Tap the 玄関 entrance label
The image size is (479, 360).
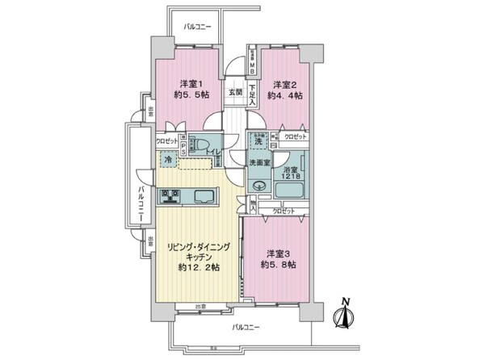pyautogui.click(x=234, y=91)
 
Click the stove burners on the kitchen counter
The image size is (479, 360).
pyautogui.click(x=170, y=195)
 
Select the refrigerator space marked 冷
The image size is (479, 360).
pyautogui.click(x=167, y=159)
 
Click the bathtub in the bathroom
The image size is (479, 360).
pyautogui.click(x=289, y=190)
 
